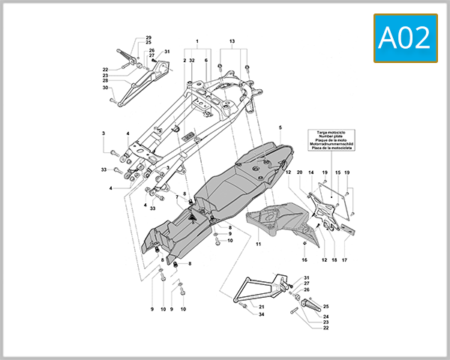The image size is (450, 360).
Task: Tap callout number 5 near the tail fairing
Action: pos(280,128)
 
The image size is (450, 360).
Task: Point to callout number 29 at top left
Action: pos(148,37)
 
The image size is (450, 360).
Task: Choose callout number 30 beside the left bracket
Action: pos(106,88)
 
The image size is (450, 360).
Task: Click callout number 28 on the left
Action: pos(106,81)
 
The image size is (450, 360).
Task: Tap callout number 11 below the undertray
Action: pos(259,244)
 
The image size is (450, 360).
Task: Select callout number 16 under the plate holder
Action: pos(304,259)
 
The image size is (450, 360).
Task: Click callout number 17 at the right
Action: pos(345,259)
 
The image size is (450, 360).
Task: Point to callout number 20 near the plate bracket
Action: pos(299,173)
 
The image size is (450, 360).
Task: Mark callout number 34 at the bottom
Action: pos(262,314)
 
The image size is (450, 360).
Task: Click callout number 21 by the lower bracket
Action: pos(262,307)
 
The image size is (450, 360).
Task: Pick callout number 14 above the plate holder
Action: pos(310,173)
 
